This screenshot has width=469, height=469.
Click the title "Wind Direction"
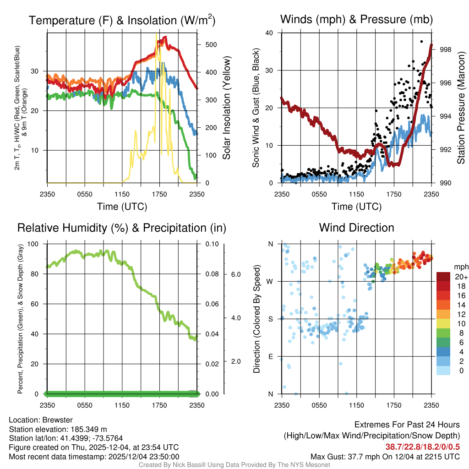click(x=356, y=228)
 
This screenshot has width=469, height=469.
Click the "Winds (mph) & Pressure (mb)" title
click(x=356, y=20)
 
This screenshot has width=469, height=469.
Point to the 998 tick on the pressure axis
click(x=446, y=49)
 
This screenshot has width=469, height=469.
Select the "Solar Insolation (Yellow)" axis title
click(x=226, y=108)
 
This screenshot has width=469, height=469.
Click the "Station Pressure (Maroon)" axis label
click(x=461, y=108)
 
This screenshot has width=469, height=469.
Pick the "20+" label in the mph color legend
click(x=461, y=277)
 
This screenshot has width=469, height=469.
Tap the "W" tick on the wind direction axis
click(x=270, y=281)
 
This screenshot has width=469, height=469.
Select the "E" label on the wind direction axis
click(x=270, y=356)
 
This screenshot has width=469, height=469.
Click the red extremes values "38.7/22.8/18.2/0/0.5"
click(x=422, y=447)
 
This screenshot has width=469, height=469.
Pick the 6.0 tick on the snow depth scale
click(x=235, y=274)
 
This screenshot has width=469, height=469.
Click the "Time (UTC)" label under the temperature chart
click(x=122, y=207)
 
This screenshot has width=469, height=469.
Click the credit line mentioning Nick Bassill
click(x=234, y=465)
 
